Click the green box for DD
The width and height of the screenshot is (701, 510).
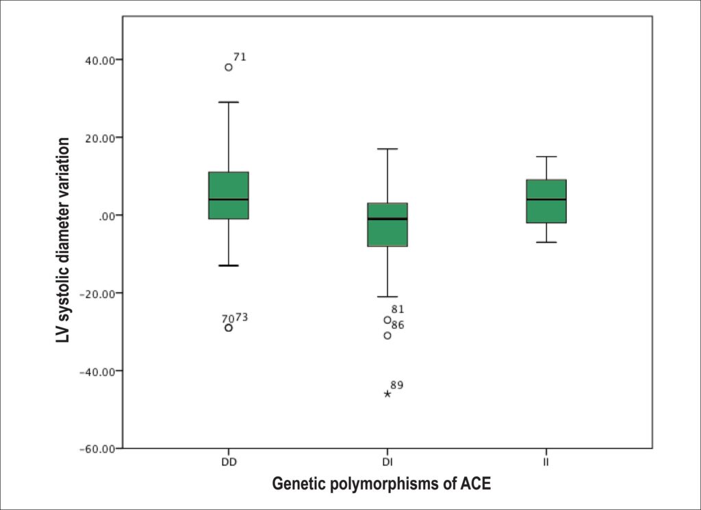pyautogui.click(x=229, y=195)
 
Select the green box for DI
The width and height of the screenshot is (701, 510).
pyautogui.click(x=387, y=225)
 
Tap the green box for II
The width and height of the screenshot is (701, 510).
pyautogui.click(x=546, y=201)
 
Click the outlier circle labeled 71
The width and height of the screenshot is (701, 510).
pyautogui.click(x=229, y=68)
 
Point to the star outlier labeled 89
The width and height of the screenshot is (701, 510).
pyautogui.click(x=387, y=394)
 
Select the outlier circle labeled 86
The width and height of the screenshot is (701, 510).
pyautogui.click(x=387, y=336)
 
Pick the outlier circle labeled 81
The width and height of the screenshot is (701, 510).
pyautogui.click(x=387, y=320)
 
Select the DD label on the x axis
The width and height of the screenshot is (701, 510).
pyautogui.click(x=229, y=463)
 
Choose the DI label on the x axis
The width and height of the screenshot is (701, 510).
pyautogui.click(x=387, y=463)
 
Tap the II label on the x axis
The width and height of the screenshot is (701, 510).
pyautogui.click(x=546, y=463)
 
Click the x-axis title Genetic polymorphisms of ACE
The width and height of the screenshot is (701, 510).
pyautogui.click(x=381, y=484)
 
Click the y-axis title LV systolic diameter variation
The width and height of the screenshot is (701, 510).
pyautogui.click(x=63, y=241)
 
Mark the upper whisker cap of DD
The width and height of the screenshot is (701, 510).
pyautogui.click(x=229, y=103)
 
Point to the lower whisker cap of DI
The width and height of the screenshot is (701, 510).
pyautogui.click(x=387, y=297)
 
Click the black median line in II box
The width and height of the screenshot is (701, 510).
pyautogui.click(x=546, y=199)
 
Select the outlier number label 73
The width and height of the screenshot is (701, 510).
pyautogui.click(x=242, y=317)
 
